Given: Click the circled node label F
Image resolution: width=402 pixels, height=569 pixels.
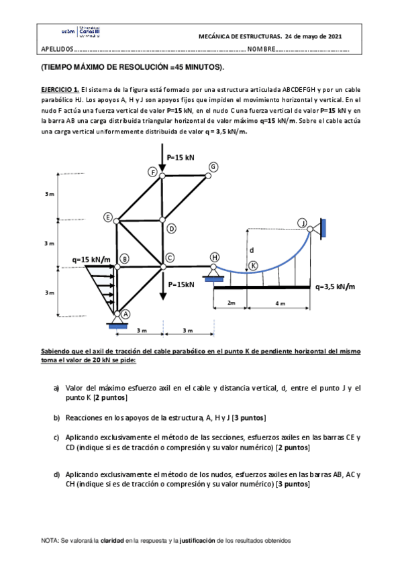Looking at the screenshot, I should point(153,172).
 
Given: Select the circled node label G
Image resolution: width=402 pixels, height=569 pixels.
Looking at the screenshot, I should point(213,166).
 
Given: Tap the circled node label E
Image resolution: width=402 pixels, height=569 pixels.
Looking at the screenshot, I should point(107,217).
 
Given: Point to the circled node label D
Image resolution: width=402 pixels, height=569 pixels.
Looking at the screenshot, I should point(171,228).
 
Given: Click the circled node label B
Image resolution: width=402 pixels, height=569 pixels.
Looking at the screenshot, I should point(124,258).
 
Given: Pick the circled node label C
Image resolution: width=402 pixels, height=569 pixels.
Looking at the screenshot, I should point(170,258).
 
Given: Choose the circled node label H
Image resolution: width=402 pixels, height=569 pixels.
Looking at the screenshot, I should point(214,257).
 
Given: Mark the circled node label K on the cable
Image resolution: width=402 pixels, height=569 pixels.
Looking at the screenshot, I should point(253,266).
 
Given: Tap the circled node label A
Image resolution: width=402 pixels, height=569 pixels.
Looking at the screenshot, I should point(125,313).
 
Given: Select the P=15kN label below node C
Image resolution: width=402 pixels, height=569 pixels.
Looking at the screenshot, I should point(182,284).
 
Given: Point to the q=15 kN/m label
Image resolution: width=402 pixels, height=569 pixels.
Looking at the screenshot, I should point(91,259).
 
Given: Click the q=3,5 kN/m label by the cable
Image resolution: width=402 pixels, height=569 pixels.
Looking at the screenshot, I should point(335,287).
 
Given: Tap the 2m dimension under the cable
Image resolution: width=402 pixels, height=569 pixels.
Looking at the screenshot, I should point(231,303).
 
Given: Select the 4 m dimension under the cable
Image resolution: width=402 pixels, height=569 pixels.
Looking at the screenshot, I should point(280,303).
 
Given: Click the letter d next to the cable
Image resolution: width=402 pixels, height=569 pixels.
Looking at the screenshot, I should point(252,250).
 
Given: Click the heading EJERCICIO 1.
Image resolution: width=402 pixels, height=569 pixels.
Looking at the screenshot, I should point(60,89).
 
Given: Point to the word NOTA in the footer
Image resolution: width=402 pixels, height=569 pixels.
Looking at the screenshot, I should point(50,540).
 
